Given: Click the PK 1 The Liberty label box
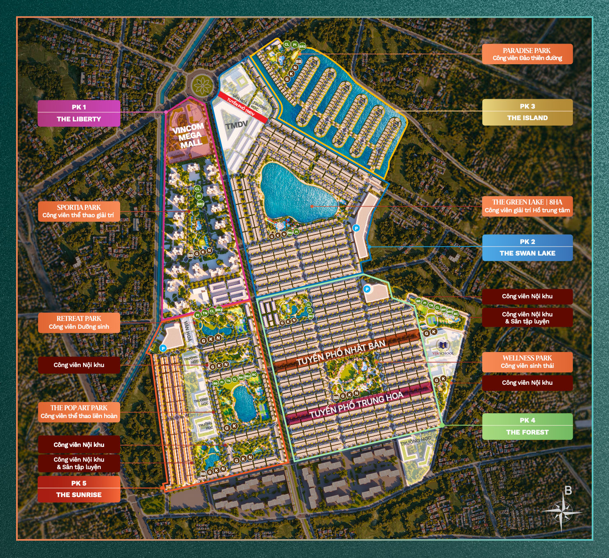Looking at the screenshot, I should click(x=79, y=113).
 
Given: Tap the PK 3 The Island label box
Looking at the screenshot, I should click(x=527, y=112).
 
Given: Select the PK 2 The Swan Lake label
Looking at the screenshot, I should click(x=527, y=248).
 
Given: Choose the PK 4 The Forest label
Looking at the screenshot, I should click(x=527, y=426).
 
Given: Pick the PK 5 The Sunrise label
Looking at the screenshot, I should click(x=79, y=489).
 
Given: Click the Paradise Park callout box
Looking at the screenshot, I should click(x=527, y=54).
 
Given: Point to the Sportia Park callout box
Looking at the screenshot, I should click(x=79, y=211).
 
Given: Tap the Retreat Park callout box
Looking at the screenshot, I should click(x=79, y=323).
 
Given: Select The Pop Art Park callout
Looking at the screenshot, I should click(x=79, y=412).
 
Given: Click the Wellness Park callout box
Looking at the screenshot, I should click(x=527, y=362).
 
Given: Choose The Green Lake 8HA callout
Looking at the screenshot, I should click(x=527, y=206).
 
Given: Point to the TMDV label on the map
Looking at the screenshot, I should click(x=237, y=125).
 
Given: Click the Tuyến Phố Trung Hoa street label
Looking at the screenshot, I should click(x=356, y=405).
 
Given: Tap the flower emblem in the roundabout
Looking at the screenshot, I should click(x=202, y=85).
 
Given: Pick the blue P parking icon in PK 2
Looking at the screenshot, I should click(x=356, y=228).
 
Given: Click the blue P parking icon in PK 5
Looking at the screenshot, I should click(x=163, y=348).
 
